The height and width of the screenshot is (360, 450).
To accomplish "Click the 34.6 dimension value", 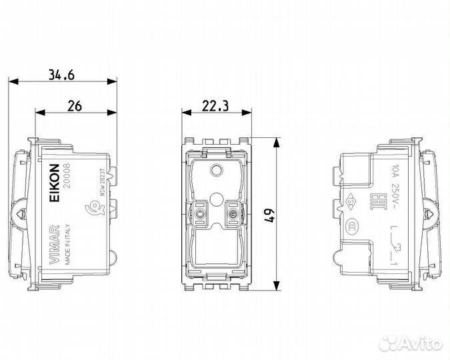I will tap(61, 74).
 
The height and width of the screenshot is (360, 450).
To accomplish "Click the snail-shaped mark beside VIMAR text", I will tap(83, 215).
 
